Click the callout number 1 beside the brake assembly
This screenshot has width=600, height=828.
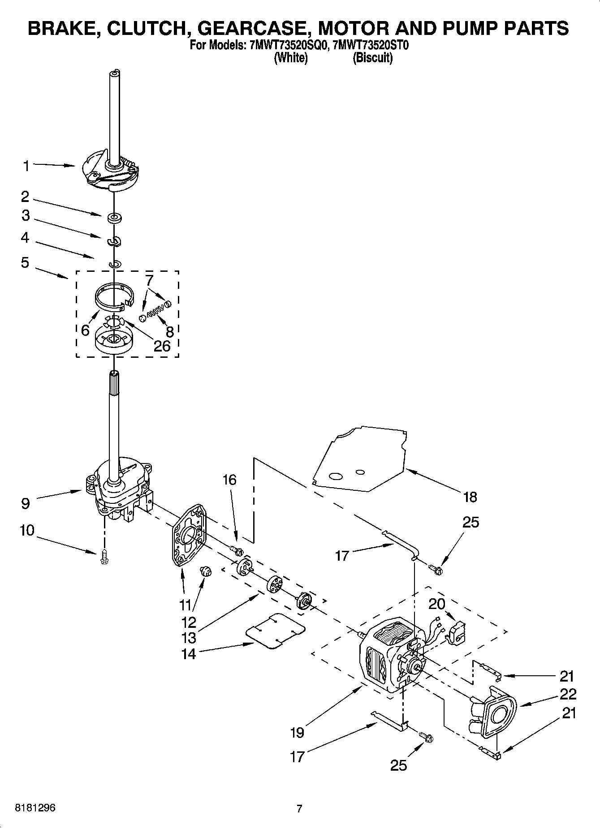click(26, 167)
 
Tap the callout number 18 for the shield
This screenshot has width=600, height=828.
click(470, 497)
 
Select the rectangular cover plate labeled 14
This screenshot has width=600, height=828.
click(275, 631)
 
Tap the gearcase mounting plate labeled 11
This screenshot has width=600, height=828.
click(189, 535)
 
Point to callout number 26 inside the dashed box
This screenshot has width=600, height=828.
click(162, 346)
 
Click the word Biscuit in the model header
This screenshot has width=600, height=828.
click(372, 58)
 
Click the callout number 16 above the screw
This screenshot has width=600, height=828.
click(229, 480)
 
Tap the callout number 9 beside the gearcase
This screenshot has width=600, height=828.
click(26, 503)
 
